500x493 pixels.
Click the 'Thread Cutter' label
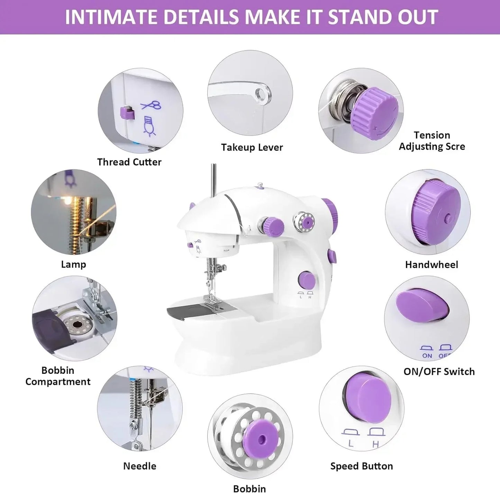[129, 162]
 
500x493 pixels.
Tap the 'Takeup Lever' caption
[252, 148]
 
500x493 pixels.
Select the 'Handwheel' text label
[431, 265]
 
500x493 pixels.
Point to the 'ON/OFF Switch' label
[439, 372]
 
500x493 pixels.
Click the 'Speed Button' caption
[361, 466]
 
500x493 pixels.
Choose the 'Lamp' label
[73, 264]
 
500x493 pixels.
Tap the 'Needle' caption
[139, 466]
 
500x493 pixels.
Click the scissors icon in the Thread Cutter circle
[152, 105]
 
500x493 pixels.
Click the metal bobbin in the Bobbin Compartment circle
[77, 325]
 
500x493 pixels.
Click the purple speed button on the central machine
[307, 280]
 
